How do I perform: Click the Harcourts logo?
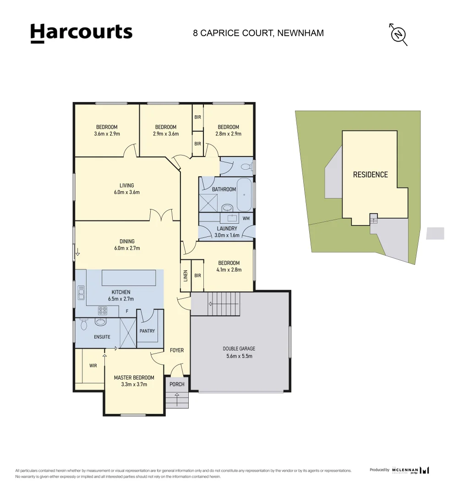pos(81,33)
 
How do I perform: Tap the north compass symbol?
pos(399,34)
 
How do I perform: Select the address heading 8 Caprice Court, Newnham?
pos(258,33)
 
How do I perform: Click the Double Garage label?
pos(240,349)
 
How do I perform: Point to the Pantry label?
pos(147,331)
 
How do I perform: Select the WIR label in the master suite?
pos(93,365)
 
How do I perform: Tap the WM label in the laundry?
pos(246,218)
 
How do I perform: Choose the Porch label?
pos(177,384)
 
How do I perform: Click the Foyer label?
pos(177,350)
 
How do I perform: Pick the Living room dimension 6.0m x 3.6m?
pos(127,193)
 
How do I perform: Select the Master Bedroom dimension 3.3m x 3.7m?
pos(134,385)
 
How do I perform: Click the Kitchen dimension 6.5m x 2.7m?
pos(121,299)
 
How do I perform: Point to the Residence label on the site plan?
pos(370,175)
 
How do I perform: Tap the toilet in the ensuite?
pos(83,325)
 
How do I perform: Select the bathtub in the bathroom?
pos(244,195)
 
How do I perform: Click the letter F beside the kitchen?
pos(127,311)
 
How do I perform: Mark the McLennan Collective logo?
pos(411,470)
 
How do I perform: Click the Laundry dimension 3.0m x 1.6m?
pos(227,235)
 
